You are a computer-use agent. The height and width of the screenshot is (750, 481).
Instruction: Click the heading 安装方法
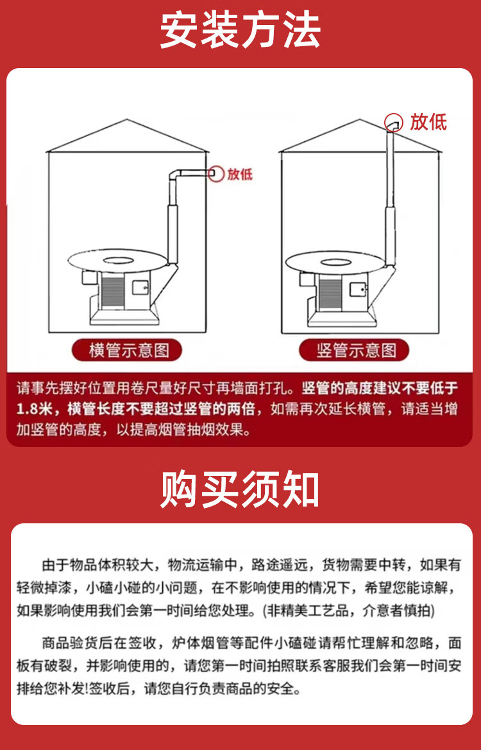click(x=240, y=30)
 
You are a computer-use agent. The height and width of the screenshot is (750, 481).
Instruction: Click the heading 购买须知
click(x=240, y=489)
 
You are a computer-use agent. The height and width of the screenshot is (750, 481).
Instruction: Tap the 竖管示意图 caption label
click(x=355, y=351)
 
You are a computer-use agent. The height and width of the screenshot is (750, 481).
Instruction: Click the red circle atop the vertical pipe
click(x=392, y=121)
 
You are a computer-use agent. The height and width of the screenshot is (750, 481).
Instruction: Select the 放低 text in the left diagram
click(x=240, y=174)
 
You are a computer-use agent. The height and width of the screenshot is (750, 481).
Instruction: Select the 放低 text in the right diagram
click(x=428, y=122)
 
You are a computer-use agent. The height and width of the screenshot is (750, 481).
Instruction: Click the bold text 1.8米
click(x=38, y=409)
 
